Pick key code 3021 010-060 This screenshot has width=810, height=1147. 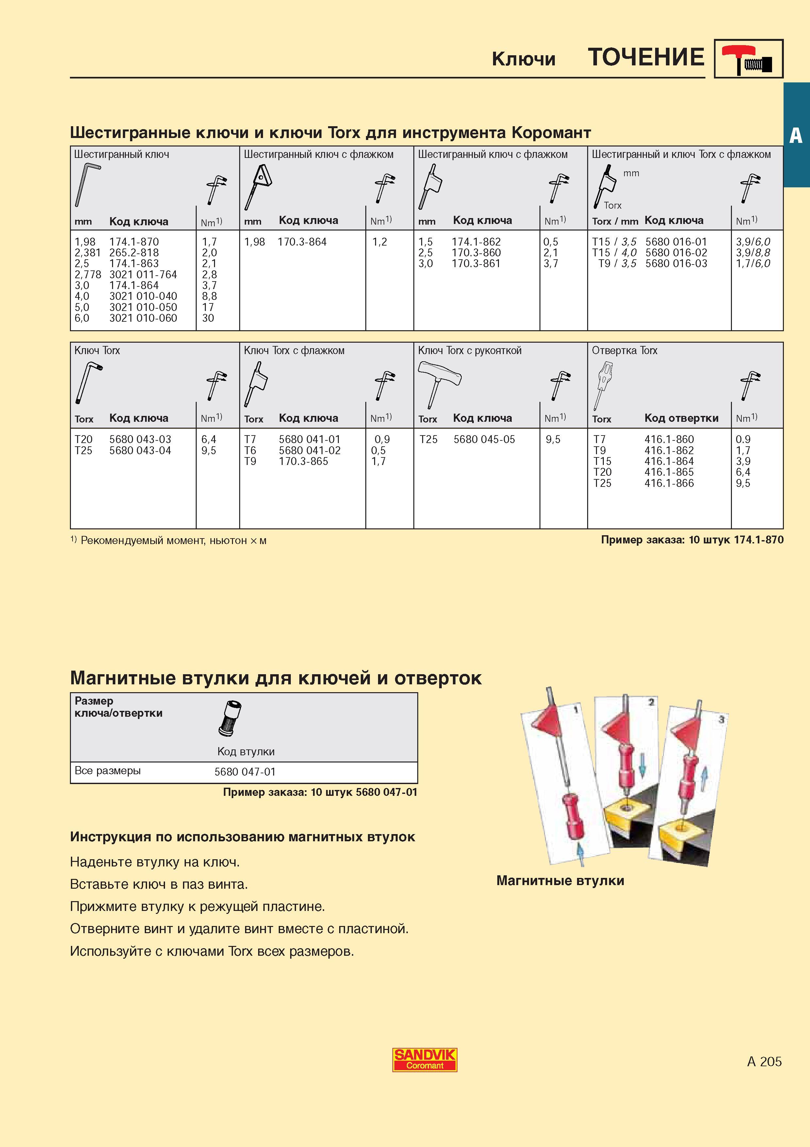coord(143,318)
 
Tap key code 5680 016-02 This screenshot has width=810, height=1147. coord(676,253)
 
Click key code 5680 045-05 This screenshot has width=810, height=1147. coord(484,440)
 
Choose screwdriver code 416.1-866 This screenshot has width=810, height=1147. coord(669,483)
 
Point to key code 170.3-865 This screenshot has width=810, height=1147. coord(304,461)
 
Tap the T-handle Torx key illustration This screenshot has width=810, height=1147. coord(439,382)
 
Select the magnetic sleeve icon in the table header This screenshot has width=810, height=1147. coord(230,718)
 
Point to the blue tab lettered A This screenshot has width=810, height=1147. coord(797,135)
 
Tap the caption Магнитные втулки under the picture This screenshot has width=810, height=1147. coord(560,881)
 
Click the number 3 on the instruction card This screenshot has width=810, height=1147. coord(721,719)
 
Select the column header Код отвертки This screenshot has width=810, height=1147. coord(681,418)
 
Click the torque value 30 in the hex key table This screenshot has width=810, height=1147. coord(208,318)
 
